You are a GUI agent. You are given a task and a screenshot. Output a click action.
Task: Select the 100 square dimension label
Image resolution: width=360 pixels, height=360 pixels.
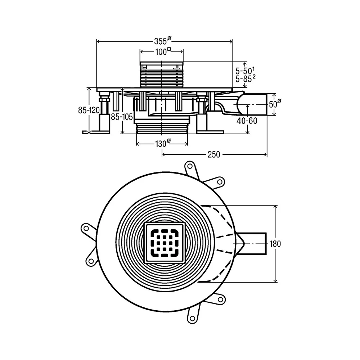[163, 51]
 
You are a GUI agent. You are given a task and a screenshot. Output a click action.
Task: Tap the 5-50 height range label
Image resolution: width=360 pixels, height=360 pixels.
[245, 71]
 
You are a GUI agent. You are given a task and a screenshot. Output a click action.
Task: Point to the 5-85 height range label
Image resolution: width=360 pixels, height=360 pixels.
[246, 78]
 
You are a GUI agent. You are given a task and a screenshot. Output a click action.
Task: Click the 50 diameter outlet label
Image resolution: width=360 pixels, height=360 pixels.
[275, 104]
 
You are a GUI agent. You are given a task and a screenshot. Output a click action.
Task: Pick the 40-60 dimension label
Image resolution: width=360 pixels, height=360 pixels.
[247, 121]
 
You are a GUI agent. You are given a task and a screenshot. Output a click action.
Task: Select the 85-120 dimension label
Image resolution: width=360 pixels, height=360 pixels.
[89, 110]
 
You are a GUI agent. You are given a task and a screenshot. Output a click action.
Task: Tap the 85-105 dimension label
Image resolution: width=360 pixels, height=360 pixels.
[122, 117]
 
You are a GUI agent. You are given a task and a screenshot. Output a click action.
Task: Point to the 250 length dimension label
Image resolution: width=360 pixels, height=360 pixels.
[214, 154]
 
